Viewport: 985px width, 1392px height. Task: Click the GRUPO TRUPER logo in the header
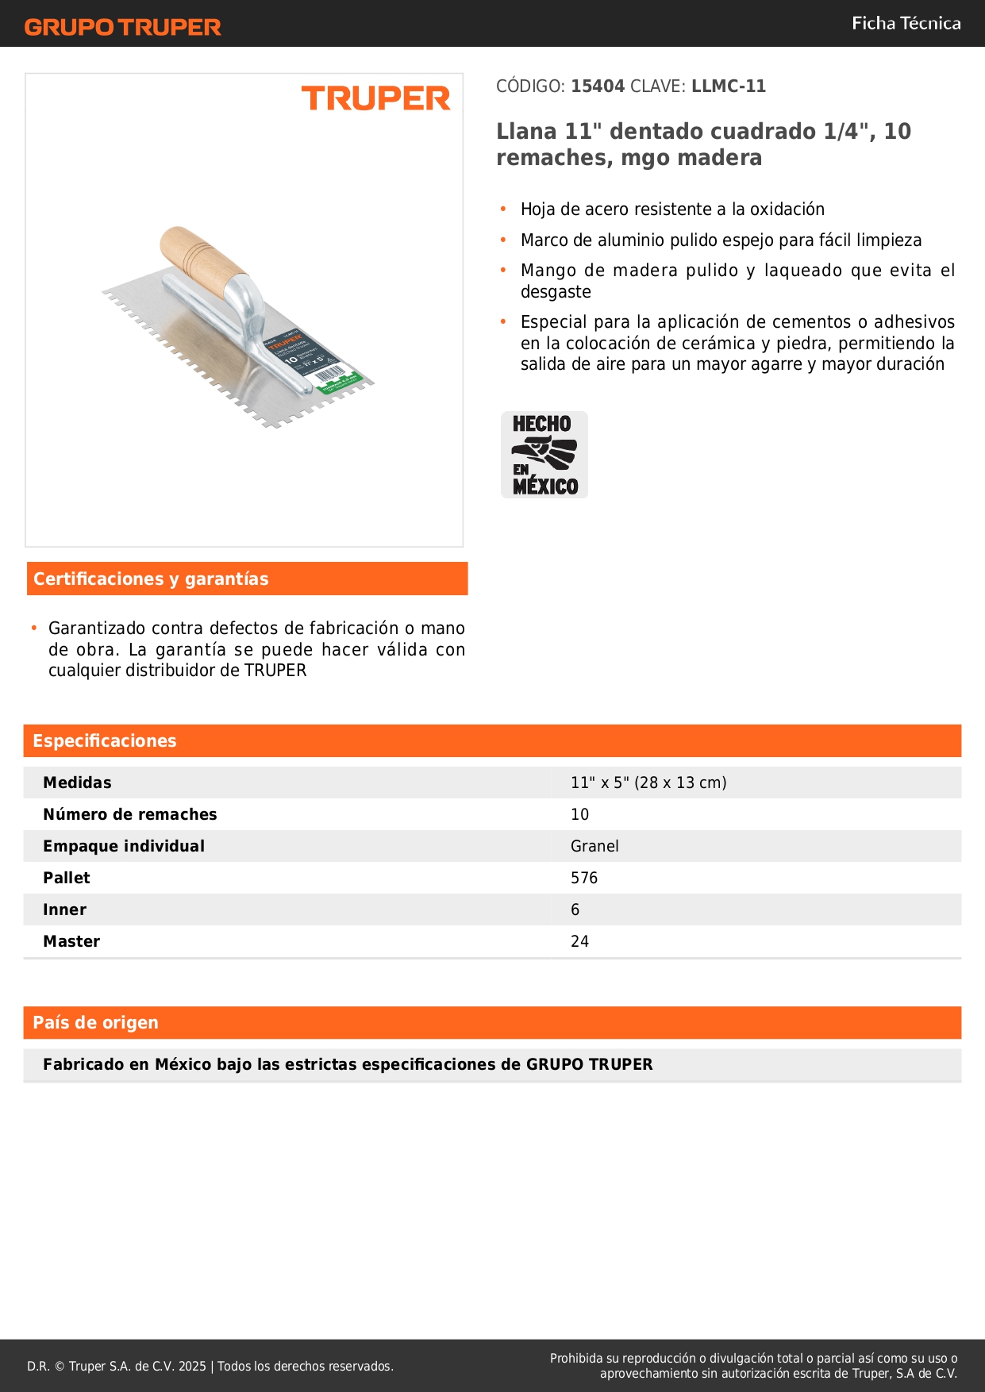[x=123, y=27]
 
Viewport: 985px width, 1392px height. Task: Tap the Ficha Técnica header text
[x=906, y=24]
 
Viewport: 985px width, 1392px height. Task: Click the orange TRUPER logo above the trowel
[x=375, y=98]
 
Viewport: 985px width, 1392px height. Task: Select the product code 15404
[x=598, y=87]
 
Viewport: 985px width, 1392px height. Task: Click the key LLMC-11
[x=728, y=87]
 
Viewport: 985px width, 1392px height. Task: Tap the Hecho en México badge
[x=544, y=455]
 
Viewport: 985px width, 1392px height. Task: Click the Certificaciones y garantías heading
[x=151, y=579]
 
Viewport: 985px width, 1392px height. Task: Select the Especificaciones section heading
[x=105, y=741]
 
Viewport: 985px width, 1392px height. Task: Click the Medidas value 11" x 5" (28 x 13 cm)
[x=648, y=783]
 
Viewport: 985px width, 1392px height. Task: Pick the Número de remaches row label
[x=130, y=815]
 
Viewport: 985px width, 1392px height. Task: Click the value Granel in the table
[x=594, y=847]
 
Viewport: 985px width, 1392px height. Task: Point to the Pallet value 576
[x=584, y=879]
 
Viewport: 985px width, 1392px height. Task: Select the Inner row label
[x=65, y=910]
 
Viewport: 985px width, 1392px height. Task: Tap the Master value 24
[x=579, y=942]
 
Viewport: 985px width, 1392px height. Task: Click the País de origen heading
[x=95, y=1023]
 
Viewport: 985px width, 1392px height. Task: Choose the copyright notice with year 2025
[x=210, y=1367]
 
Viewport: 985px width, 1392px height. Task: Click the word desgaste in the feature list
[x=556, y=292]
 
